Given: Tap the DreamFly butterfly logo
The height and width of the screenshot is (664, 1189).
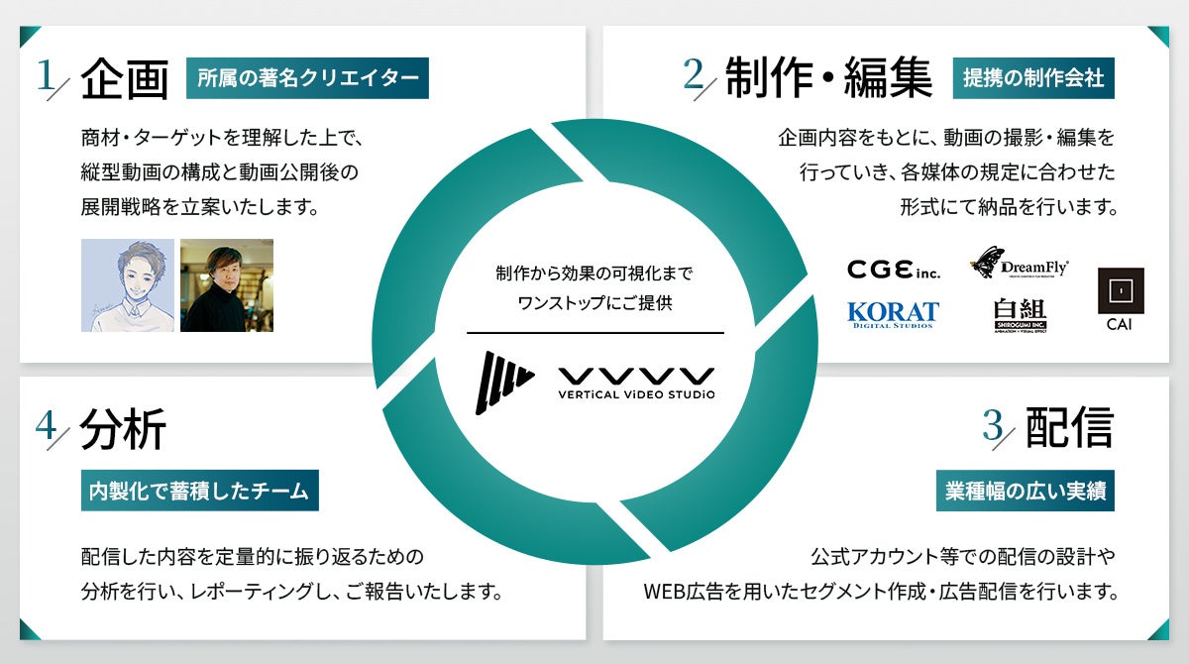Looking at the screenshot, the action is [1021, 264].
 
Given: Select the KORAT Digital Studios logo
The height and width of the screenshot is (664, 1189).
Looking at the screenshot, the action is [893, 314].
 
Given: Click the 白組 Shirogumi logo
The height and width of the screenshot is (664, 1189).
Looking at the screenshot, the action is [1020, 315].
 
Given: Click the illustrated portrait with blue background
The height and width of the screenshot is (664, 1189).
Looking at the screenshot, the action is [128, 285].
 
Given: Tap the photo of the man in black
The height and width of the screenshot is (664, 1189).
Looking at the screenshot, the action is [227, 285].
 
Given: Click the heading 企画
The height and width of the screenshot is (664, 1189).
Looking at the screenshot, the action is [125, 79].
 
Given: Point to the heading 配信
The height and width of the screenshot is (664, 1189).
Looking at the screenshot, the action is [1069, 427].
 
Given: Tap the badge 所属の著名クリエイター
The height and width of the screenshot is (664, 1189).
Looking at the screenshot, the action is [307, 79].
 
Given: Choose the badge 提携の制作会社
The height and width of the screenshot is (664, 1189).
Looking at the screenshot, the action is [1033, 79].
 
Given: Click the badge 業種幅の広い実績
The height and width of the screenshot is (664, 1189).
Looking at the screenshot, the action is [1026, 491].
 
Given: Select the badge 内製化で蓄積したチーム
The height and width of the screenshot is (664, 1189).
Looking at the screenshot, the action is [199, 491].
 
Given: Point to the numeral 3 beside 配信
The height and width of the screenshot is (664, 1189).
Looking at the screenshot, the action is [993, 426].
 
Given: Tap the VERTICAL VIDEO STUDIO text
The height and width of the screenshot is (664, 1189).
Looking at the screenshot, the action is [635, 394].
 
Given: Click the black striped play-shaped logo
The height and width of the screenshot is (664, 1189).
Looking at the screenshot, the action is [503, 382].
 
